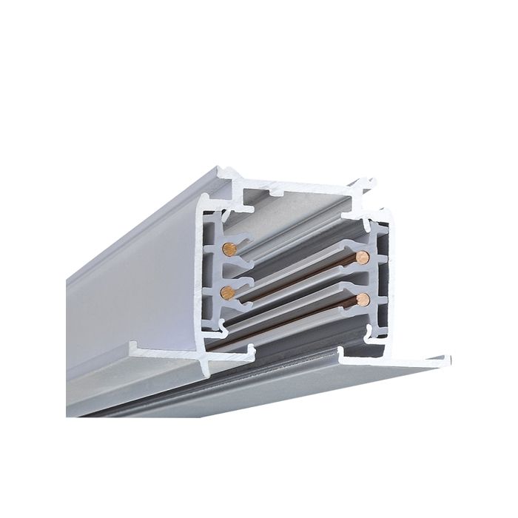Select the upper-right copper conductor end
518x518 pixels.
[x=362, y=258]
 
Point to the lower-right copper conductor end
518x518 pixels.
[x=362, y=299]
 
